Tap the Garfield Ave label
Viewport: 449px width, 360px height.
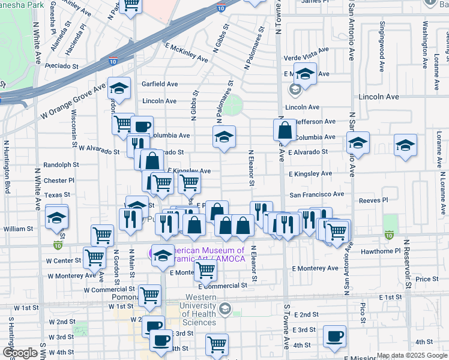tap(160, 84)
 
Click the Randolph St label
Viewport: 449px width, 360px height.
tap(61, 164)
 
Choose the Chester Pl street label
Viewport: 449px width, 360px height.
tap(59, 180)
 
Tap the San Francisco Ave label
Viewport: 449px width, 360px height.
tap(317, 194)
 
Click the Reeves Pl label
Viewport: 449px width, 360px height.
tap(373, 200)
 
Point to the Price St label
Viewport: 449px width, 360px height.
tap(427, 279)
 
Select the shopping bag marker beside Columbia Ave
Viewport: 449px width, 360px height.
tap(285, 130)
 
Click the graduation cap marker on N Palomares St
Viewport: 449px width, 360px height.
tap(224, 137)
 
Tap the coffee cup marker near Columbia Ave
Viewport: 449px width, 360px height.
tap(142, 126)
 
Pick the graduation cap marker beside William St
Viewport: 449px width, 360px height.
tap(57, 217)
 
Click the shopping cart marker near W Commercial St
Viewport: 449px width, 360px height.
tap(149, 295)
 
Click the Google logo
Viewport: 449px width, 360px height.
tap(20, 353)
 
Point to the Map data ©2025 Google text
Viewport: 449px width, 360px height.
tap(412, 355)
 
